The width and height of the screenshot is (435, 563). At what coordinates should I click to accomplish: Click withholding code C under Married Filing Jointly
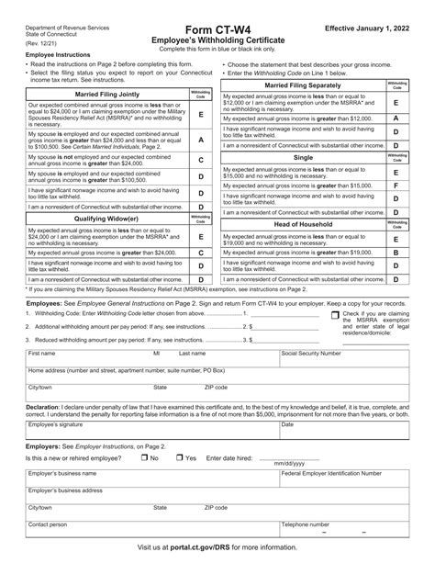pyautogui.click(x=200, y=160)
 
